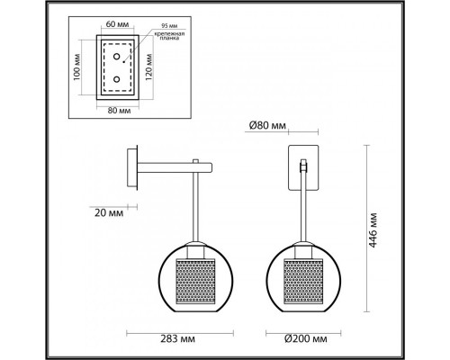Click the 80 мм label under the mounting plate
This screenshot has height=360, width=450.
tap(114, 112)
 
